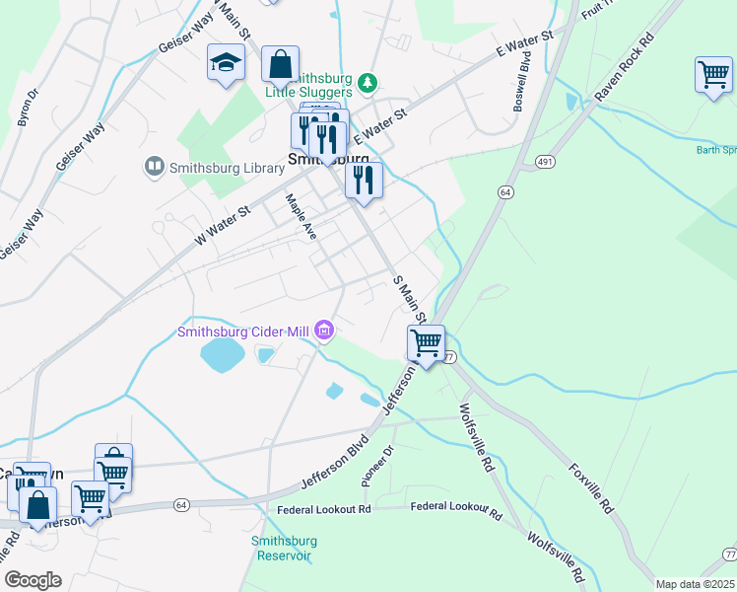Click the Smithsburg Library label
pos(227,169)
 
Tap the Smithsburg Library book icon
pos(154,168)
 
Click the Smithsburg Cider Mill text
pos(242,332)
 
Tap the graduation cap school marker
pos(225,63)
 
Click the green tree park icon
pos(367,82)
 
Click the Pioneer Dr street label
pos(376,465)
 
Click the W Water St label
pos(224,223)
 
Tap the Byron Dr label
pos(28,109)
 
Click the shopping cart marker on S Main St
pos(426,343)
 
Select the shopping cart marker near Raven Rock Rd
pos(712,75)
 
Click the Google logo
pos(33,580)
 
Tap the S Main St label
pos(409,299)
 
